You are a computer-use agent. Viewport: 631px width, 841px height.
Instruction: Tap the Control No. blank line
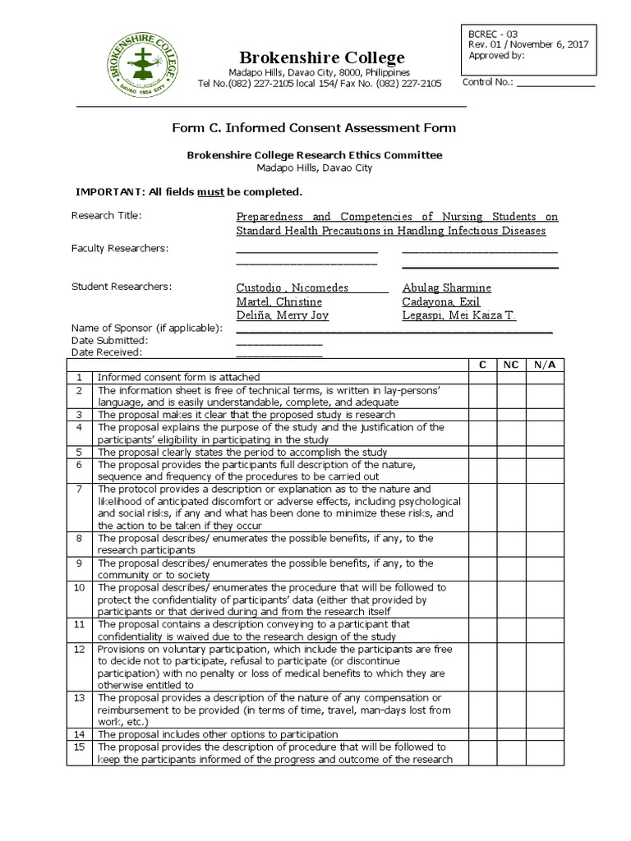click(x=555, y=83)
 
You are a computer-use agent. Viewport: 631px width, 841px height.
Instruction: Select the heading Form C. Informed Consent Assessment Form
click(x=313, y=128)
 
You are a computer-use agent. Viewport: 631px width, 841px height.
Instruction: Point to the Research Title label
click(x=107, y=216)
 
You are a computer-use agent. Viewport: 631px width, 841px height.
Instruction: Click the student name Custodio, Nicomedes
click(x=292, y=288)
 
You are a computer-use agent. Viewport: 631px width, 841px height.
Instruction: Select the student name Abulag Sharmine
click(x=447, y=288)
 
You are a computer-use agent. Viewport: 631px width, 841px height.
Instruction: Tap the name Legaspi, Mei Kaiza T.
click(x=458, y=316)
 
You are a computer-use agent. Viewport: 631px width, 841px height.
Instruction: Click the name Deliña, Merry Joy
click(x=282, y=316)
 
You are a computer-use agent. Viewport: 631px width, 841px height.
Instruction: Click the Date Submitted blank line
click(x=279, y=342)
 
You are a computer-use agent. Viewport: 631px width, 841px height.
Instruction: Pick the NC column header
click(x=510, y=365)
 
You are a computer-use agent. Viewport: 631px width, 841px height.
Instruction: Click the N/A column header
click(x=546, y=365)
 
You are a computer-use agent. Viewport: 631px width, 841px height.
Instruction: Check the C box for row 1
click(x=482, y=378)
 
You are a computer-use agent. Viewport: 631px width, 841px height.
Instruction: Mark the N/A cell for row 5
click(x=546, y=453)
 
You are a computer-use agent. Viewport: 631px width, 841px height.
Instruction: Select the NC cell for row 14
click(x=510, y=734)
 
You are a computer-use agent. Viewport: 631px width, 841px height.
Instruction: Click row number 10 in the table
click(x=80, y=588)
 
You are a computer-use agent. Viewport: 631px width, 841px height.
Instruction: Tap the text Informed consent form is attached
click(x=178, y=378)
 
